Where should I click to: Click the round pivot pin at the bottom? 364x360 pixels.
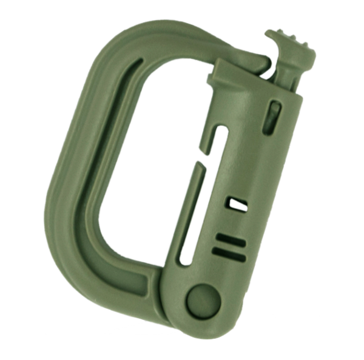(x=203, y=299)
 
